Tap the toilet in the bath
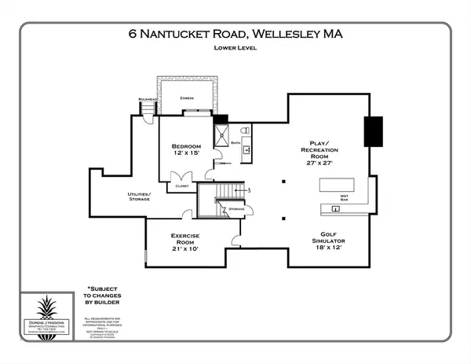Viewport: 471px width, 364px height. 245,130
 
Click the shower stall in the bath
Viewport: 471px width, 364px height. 223,130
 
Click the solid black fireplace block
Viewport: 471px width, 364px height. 372,131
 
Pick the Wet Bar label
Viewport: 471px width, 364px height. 342,198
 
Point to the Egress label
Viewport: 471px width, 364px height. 187,98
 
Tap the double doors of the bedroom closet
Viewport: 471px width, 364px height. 182,175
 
